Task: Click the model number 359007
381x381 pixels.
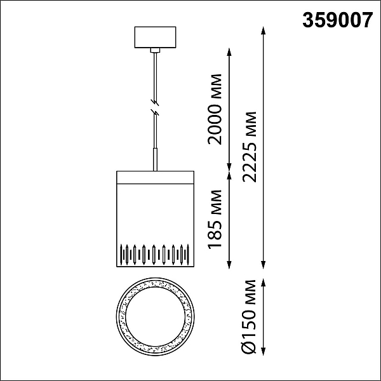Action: tap(338, 20)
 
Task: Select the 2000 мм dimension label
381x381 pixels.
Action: tap(215, 109)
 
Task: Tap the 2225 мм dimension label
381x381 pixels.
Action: tap(250, 147)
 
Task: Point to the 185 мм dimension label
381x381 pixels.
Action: tap(215, 219)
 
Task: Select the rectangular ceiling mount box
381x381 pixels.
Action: tap(156, 37)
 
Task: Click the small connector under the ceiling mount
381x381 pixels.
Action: tap(156, 50)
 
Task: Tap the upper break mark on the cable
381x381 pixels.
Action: tap(155, 102)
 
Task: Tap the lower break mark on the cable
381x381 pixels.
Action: tap(155, 112)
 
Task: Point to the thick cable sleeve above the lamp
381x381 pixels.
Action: tap(155, 159)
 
